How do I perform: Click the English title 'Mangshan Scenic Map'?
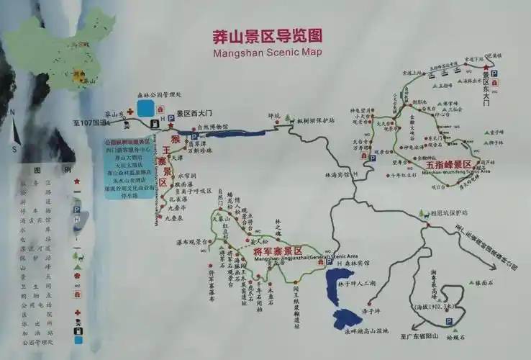coord(267,52)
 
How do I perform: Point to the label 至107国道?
coord(89,123)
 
